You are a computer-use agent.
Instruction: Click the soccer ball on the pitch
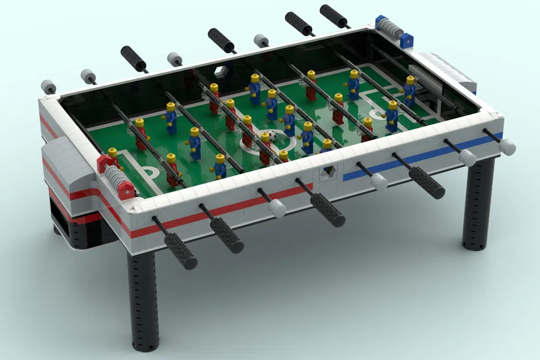tap(272, 136)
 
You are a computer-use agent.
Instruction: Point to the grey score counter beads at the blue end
tap(390, 26)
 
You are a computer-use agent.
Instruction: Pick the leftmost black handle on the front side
tap(181, 251)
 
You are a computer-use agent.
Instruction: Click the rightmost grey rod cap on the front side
tap(507, 147)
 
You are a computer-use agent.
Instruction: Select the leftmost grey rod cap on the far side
tap(48, 87)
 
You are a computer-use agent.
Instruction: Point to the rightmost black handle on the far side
tap(334, 16)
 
